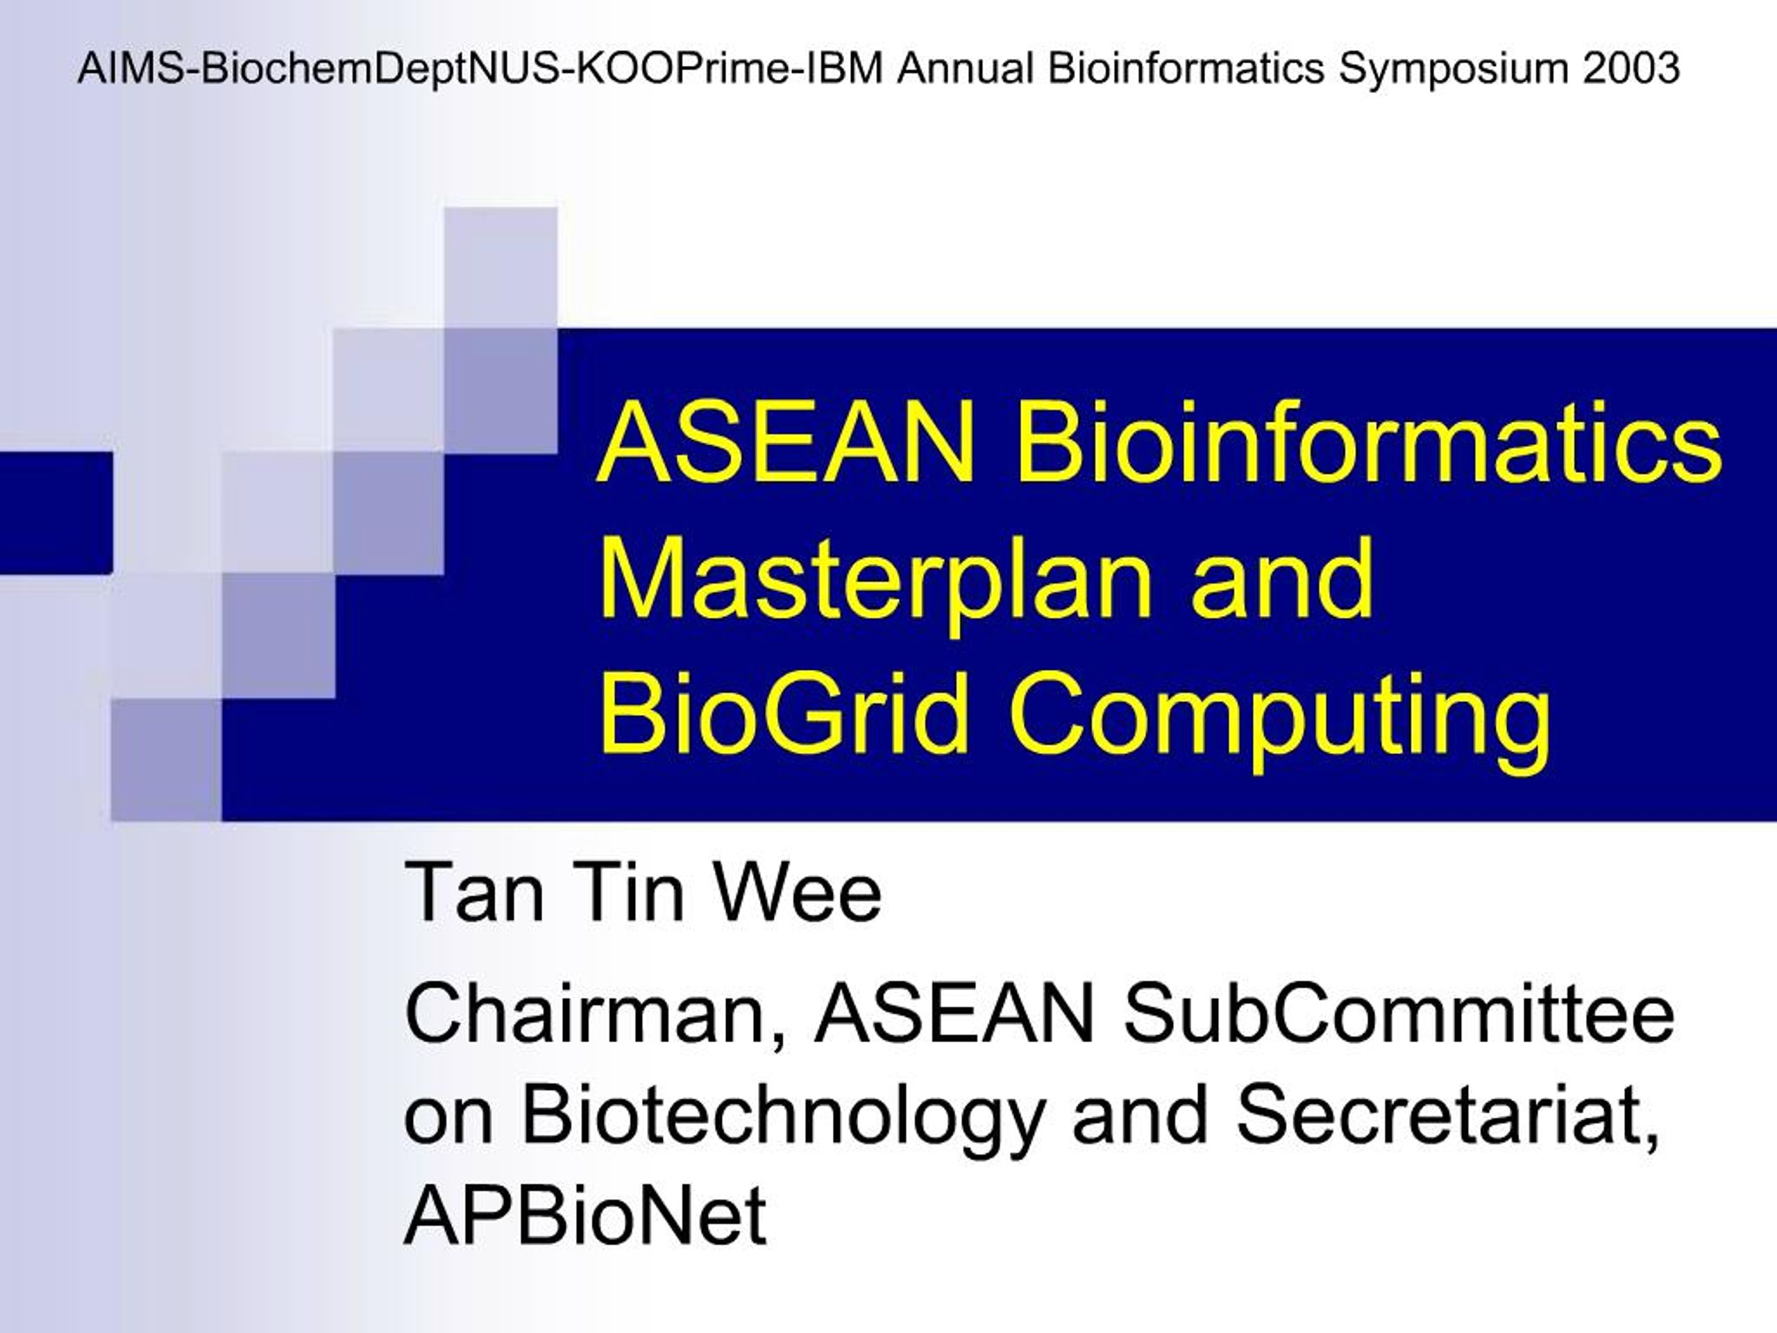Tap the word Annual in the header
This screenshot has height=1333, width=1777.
tap(965, 68)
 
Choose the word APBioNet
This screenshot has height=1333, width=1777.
tap(586, 1217)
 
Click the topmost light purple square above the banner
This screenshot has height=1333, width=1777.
tap(500, 267)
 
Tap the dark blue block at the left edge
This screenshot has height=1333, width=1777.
tap(56, 512)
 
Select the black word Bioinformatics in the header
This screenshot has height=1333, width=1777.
tap(1185, 68)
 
